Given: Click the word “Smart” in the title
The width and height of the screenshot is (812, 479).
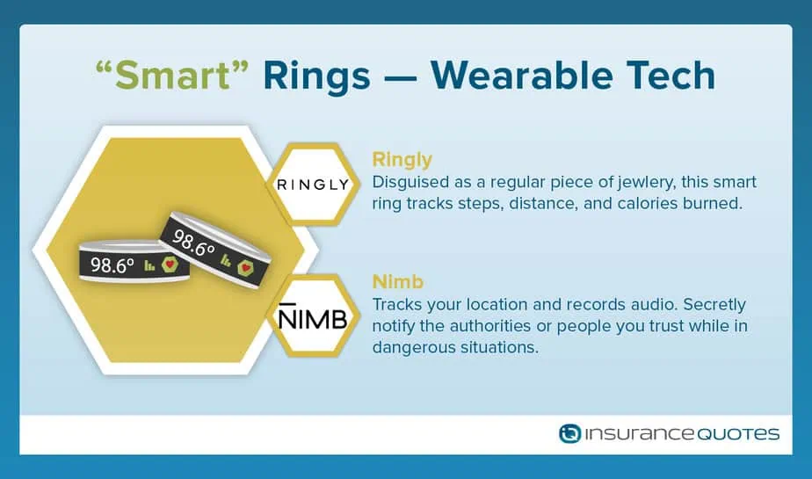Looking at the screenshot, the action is [x=172, y=75].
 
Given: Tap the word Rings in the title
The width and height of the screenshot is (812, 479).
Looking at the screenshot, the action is [x=317, y=76].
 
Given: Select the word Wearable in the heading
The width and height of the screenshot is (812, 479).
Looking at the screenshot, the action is [x=521, y=75].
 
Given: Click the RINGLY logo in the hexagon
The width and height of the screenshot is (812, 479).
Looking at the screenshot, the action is [x=314, y=185].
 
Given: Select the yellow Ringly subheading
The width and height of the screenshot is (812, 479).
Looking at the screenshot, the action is [x=402, y=160].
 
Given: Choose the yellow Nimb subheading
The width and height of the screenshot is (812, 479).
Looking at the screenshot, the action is [x=398, y=282].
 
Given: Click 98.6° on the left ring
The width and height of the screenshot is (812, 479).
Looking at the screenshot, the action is [x=112, y=265].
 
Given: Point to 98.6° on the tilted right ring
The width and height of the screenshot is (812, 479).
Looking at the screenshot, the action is [x=192, y=243].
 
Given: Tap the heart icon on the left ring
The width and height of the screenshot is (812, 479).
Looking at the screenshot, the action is [x=170, y=265].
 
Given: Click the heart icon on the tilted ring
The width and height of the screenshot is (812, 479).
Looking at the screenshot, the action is [x=245, y=267].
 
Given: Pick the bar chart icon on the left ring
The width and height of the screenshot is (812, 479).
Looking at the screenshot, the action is [x=149, y=265].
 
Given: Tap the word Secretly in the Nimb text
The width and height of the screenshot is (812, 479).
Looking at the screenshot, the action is [x=714, y=304].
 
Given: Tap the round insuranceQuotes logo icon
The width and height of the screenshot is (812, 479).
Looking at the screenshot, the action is [x=569, y=433].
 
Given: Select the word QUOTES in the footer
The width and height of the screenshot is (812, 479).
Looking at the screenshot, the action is [x=738, y=434].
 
